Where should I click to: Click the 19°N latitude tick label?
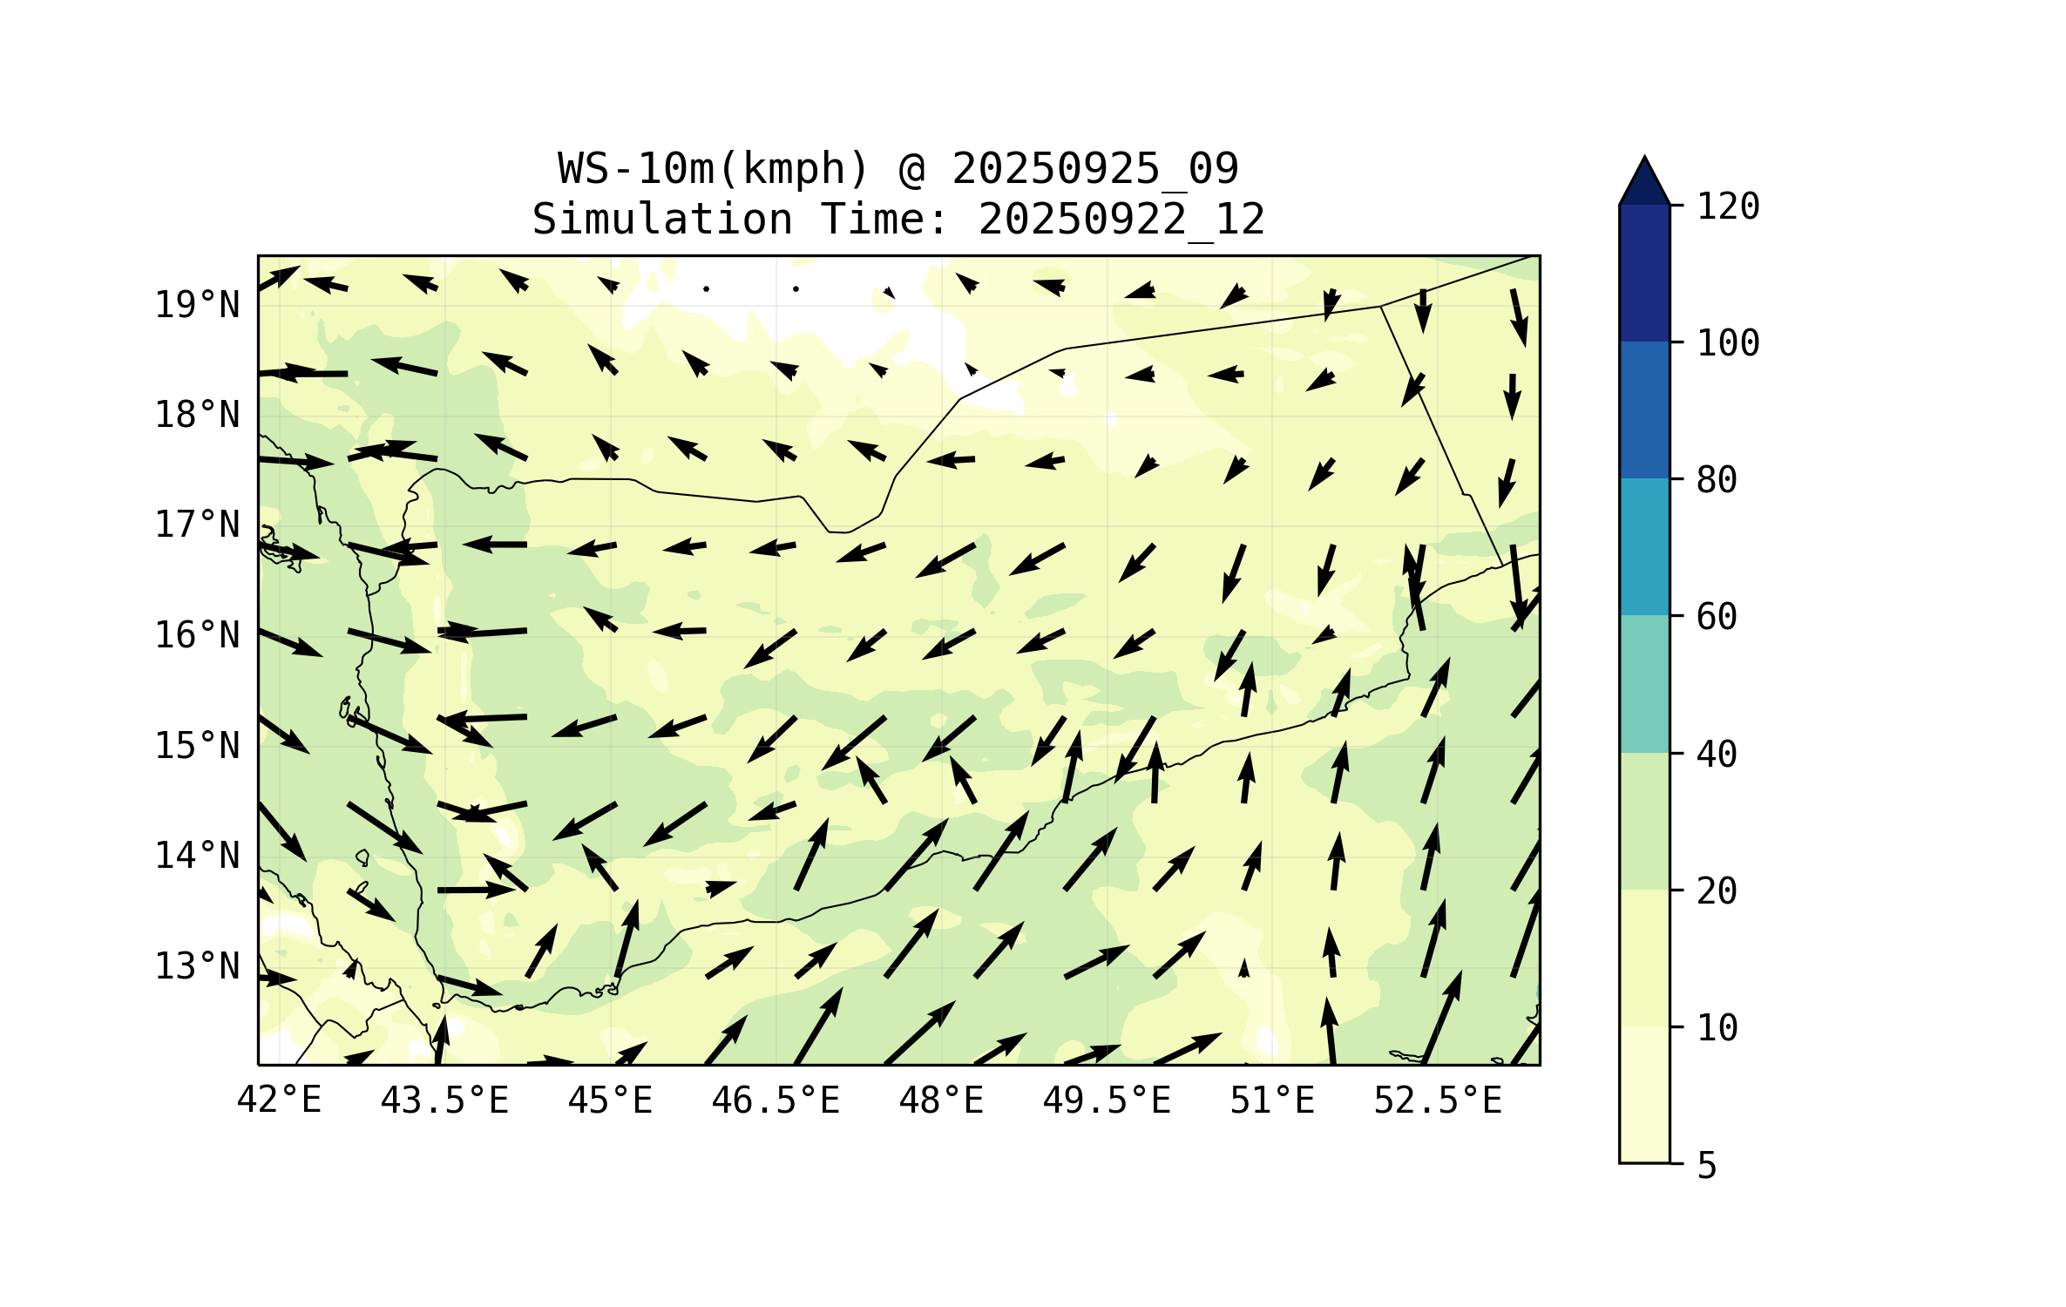[197, 305]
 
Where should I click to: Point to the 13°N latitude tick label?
[197, 966]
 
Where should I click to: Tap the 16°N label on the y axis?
[197, 635]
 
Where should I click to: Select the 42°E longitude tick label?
[279, 1100]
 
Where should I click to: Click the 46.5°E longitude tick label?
[776, 1100]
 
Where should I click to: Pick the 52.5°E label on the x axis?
[1438, 1100]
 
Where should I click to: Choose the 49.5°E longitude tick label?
[1107, 1100]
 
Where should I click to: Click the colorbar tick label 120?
[1728, 207]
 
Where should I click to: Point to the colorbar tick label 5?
[1707, 1166]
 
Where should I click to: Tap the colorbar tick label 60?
[1717, 617]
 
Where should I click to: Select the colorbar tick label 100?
[1728, 343]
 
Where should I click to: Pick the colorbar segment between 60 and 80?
[1644, 546]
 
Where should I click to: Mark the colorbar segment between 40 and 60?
[1644, 683]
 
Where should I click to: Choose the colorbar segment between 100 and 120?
[1644, 273]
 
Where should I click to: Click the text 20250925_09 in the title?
[1094, 169]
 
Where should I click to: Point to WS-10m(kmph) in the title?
[714, 169]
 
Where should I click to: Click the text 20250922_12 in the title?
[1121, 220]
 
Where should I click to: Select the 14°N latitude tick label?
[197, 856]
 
